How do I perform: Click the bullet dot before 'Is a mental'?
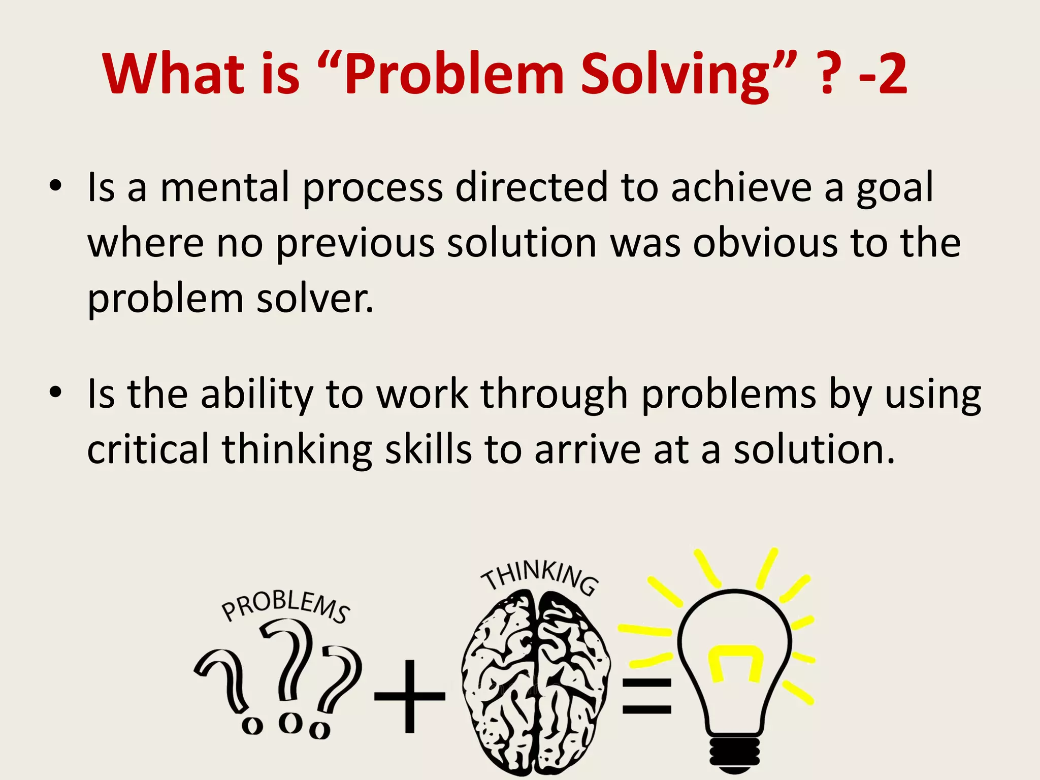click(x=56, y=185)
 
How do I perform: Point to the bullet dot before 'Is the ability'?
click(x=56, y=392)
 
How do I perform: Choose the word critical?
click(x=148, y=449)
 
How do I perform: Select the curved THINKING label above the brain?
click(x=540, y=576)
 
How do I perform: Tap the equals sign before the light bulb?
click(x=646, y=696)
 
